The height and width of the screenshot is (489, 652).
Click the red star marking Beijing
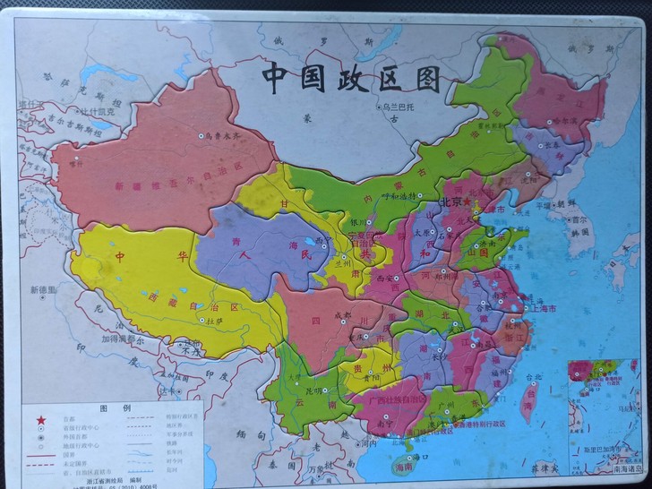[468, 205]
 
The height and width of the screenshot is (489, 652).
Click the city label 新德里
[42, 290]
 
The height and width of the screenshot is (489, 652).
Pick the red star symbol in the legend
[40, 418]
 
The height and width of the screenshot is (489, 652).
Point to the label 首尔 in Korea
[575, 218]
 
